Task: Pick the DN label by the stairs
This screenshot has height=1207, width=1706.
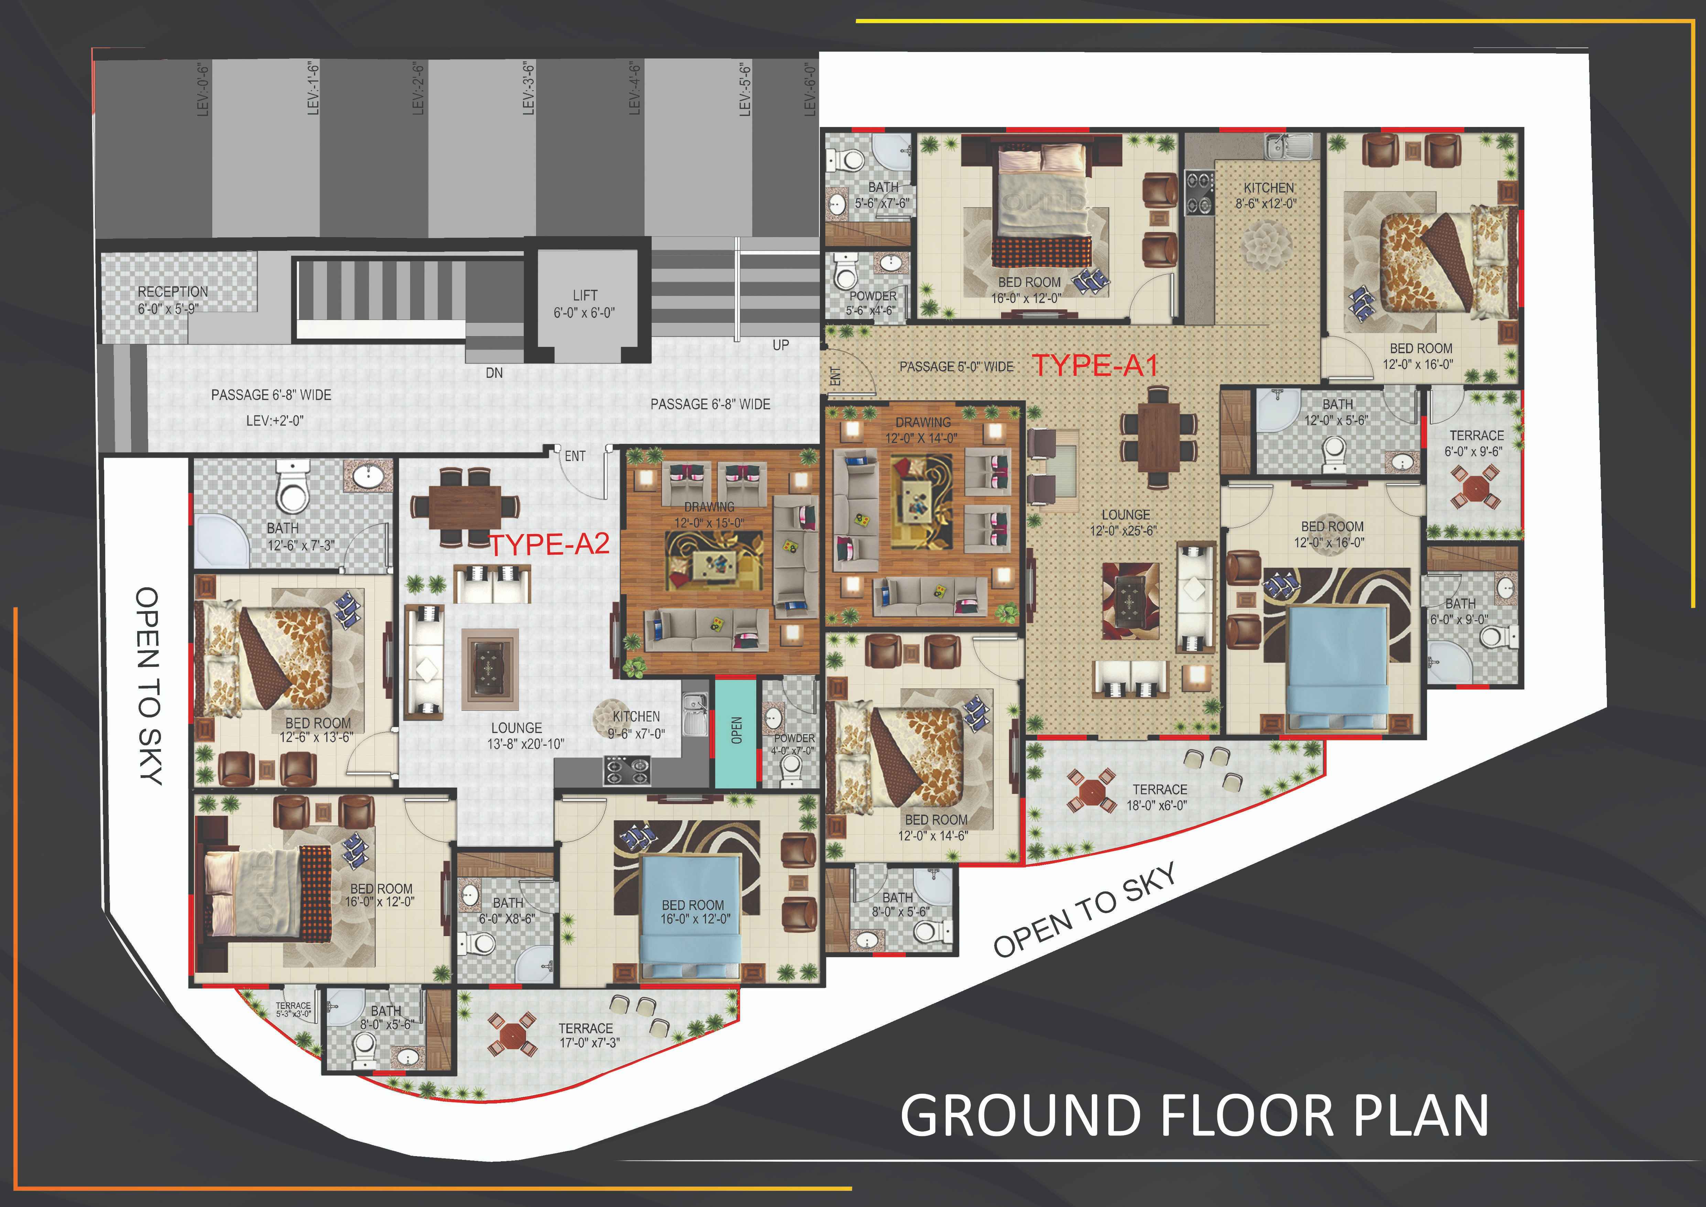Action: tap(494, 372)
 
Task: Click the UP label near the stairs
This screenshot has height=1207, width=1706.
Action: tap(781, 345)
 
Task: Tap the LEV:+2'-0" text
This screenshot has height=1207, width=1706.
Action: tap(275, 421)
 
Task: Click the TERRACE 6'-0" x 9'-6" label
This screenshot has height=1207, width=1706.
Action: tap(1476, 443)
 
